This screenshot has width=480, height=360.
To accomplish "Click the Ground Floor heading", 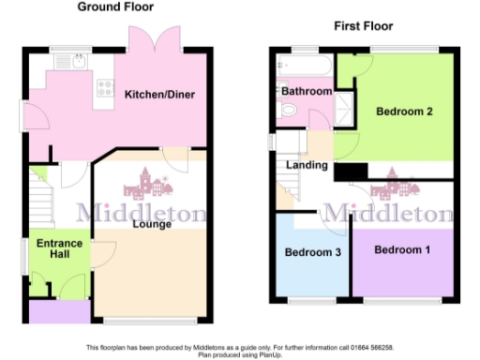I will tap(115, 7).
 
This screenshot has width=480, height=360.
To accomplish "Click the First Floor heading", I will tap(364, 25).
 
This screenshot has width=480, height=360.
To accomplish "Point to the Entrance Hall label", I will tap(59, 250).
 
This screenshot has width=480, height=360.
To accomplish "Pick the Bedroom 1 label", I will tap(402, 250).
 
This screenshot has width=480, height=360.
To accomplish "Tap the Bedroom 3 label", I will tap(312, 253).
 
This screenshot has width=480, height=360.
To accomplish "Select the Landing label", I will tap(307, 166).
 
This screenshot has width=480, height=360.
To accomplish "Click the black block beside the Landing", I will tap(351, 172).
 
